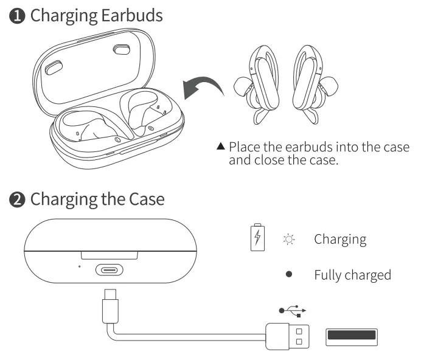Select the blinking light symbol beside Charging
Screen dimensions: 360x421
pyautogui.click(x=289, y=239)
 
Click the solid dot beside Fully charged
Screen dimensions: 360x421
pyautogui.click(x=289, y=275)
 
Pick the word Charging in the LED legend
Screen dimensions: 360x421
pyautogui.click(x=340, y=239)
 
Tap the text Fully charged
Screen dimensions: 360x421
pyautogui.click(x=352, y=275)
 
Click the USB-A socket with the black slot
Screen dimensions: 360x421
pyautogui.click(x=352, y=336)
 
